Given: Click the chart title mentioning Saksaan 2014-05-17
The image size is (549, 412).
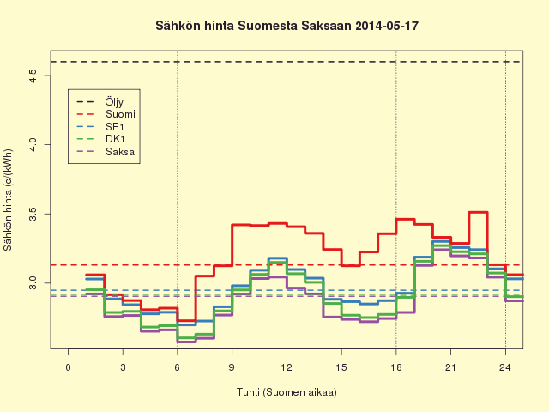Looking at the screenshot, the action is [x=287, y=26].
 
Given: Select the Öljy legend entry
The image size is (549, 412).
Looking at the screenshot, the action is [x=100, y=102].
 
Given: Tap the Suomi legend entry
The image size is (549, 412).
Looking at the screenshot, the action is [x=106, y=114].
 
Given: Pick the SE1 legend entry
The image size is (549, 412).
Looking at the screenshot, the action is [x=100, y=127].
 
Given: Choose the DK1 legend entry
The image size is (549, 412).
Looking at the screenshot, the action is [x=100, y=139].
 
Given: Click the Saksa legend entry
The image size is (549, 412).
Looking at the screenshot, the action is [x=106, y=152].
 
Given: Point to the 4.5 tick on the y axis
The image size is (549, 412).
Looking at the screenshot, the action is [x=33, y=76].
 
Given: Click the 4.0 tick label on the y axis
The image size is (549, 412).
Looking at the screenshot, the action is [x=33, y=145].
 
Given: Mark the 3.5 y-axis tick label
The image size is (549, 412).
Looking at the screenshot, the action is [x=33, y=214].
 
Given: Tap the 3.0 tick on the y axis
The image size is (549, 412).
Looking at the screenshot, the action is [x=33, y=283].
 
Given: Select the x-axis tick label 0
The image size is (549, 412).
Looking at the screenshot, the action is [x=69, y=367].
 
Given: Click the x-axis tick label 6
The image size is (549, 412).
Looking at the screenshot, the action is [x=178, y=367].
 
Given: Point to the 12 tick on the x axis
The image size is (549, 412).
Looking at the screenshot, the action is [x=287, y=367].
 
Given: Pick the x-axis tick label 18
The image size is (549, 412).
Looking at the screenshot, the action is [x=396, y=367].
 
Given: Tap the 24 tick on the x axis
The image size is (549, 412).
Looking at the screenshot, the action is [x=505, y=367].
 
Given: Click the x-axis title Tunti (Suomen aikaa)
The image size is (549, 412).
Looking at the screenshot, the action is [x=287, y=392].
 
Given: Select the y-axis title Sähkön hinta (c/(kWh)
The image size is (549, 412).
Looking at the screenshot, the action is [x=8, y=200].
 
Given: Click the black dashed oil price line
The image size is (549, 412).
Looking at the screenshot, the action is [x=287, y=62].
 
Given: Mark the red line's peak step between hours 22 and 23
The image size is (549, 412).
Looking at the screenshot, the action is [x=478, y=212].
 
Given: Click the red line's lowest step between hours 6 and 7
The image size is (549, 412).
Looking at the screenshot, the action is [x=187, y=320].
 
